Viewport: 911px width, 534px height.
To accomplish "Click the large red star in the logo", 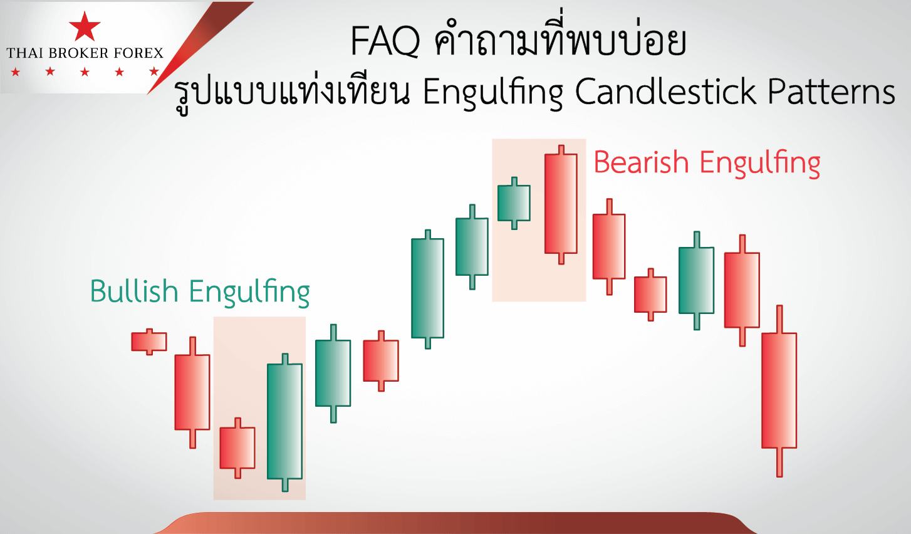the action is coord(85,27).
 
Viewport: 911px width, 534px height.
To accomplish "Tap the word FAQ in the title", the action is coord(385,41).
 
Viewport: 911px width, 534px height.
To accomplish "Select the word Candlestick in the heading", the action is coord(665,92).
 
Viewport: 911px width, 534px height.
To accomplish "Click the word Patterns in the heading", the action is coord(831,92).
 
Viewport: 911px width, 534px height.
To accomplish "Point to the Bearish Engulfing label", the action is coord(707,164).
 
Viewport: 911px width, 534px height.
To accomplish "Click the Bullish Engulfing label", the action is coord(200,292).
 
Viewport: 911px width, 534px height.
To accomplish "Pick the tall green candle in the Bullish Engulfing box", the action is coord(284,422).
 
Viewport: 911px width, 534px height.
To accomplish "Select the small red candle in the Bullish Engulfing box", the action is coord(237,448).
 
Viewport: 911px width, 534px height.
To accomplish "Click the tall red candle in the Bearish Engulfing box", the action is coord(561,204).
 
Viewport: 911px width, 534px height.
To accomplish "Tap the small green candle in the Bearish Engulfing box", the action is coord(514,203).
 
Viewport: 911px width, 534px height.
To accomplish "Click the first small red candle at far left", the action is coord(149,342).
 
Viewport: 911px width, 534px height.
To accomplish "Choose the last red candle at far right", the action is coord(779,391).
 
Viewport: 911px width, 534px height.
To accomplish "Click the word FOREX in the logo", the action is coord(138,53).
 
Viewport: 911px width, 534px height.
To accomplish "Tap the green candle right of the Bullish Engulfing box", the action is coord(333,374).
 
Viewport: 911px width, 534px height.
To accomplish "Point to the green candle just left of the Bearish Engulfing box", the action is coord(472,247).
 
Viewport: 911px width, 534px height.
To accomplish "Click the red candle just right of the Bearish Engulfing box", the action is coord(609,246).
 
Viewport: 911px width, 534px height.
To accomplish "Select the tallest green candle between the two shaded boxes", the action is coord(427,289).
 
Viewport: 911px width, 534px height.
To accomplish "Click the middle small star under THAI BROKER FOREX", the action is coord(85,72).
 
